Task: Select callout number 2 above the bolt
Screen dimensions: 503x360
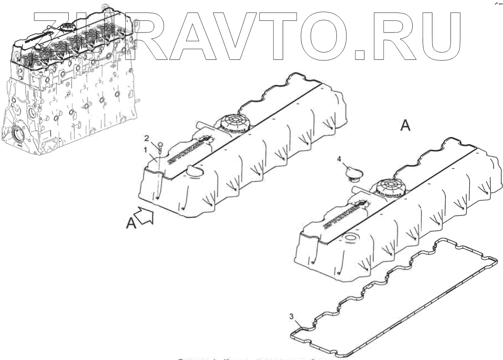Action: tap(146, 138)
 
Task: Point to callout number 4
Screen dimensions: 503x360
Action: tap(339, 158)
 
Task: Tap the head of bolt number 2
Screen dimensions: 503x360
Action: tap(160, 145)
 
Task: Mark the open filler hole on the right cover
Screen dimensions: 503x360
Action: tap(350, 239)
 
